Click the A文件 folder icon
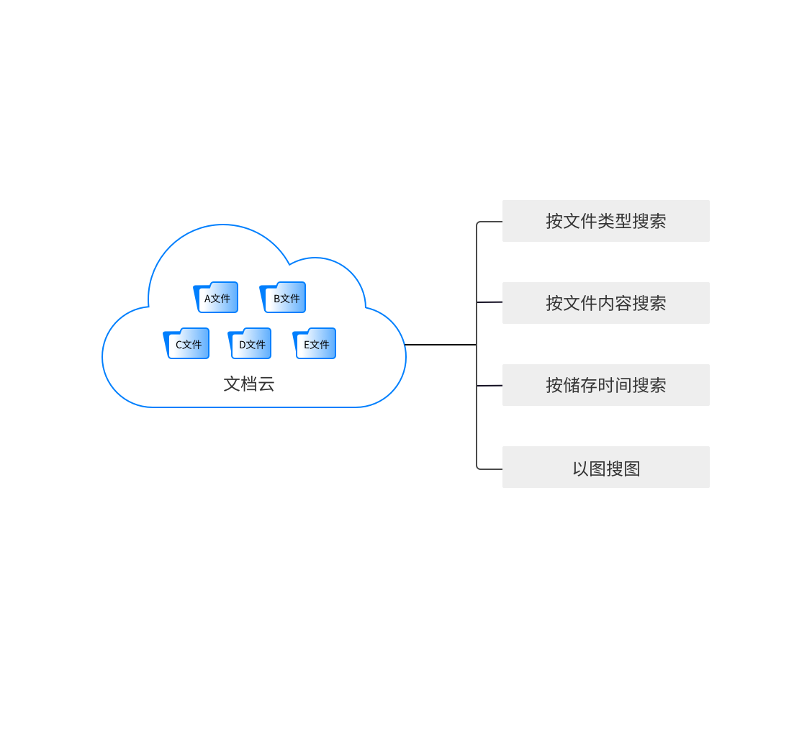click(x=216, y=298)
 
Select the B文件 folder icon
click(x=284, y=298)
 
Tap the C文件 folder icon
click(x=187, y=344)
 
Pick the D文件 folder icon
click(x=250, y=344)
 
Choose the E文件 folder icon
click(x=315, y=344)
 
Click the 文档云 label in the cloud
click(x=249, y=384)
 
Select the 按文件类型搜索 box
click(x=605, y=221)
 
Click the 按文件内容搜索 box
click(x=605, y=303)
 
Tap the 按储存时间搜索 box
click(x=605, y=385)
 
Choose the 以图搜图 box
click(x=605, y=467)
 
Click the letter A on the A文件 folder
click(x=207, y=299)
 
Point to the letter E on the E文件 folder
click(x=307, y=345)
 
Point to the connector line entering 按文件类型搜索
click(x=490, y=222)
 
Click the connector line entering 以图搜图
click(x=490, y=469)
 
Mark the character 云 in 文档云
click(x=266, y=384)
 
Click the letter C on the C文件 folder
click(x=179, y=345)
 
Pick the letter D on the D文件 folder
click(x=243, y=345)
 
